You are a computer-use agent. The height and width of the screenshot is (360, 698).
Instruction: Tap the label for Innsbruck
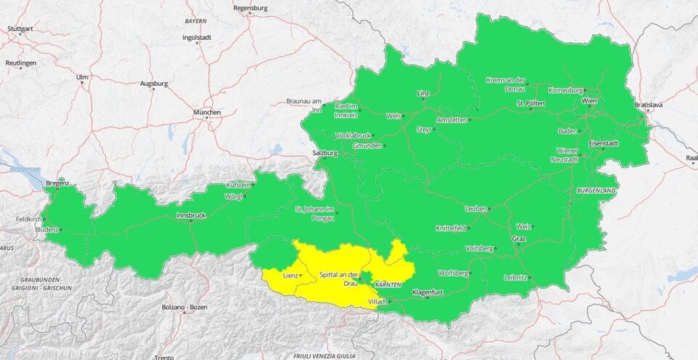click(191, 216)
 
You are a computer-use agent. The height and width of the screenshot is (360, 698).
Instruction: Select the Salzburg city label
click(324, 153)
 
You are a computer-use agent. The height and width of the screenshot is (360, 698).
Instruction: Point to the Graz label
click(518, 238)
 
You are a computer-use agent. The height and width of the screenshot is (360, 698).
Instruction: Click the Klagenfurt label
click(428, 291)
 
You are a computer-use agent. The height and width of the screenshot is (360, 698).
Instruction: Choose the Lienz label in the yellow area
click(290, 276)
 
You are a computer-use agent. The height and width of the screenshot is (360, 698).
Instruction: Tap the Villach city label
click(377, 301)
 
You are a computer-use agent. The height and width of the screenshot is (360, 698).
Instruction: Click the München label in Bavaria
click(206, 113)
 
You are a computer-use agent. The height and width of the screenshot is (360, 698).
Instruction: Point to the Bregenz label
click(57, 183)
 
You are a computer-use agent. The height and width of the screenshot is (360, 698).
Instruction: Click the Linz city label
click(423, 94)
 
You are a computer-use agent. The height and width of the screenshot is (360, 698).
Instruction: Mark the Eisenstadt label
click(603, 143)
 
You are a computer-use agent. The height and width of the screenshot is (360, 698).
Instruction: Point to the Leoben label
click(476, 209)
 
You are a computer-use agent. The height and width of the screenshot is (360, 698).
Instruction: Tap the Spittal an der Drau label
click(338, 279)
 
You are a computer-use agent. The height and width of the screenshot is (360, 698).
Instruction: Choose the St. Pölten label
click(531, 103)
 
